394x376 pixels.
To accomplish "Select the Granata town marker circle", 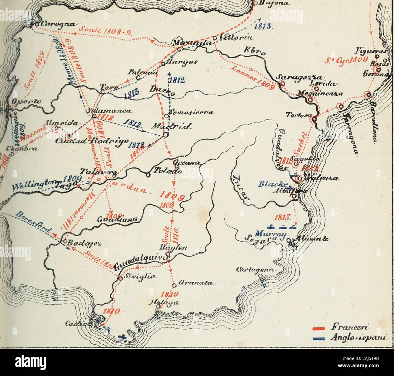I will (174, 285).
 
